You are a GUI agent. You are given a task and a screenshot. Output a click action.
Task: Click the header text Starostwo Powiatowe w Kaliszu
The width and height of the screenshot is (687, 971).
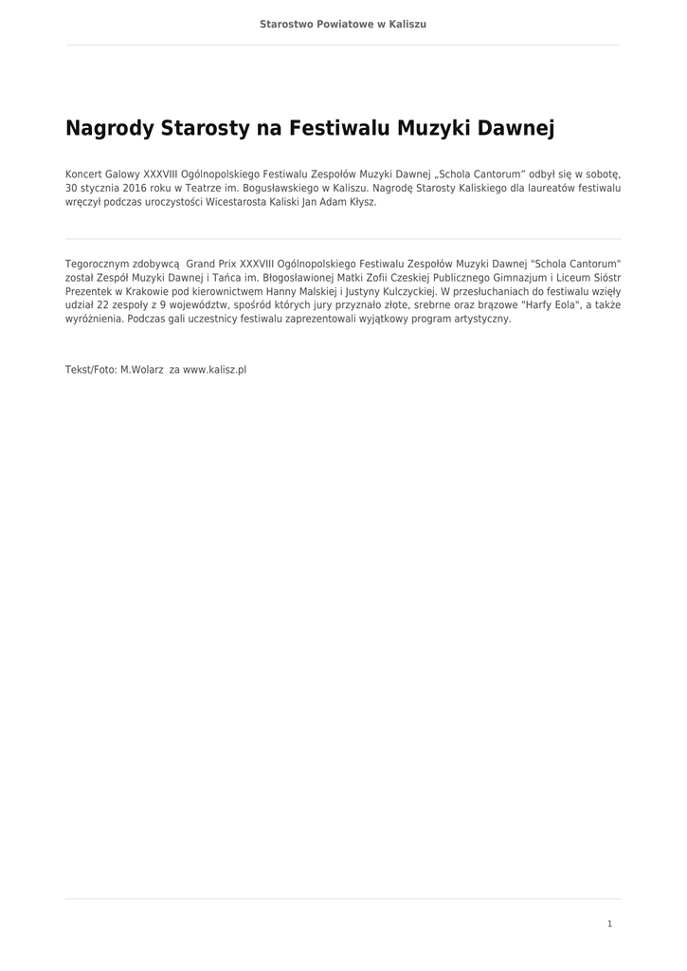pyautogui.click(x=343, y=24)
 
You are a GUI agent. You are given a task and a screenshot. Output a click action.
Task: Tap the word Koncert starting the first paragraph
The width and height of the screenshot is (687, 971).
pyautogui.click(x=82, y=174)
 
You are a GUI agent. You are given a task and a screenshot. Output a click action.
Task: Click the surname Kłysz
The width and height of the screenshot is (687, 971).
pyautogui.click(x=361, y=202)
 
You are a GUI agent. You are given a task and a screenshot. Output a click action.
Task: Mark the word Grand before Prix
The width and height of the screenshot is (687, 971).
pyautogui.click(x=201, y=263)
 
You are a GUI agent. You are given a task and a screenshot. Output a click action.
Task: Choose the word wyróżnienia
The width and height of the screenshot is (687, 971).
pyautogui.click(x=94, y=320)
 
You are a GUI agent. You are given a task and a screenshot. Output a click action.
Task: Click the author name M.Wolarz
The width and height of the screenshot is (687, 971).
pyautogui.click(x=142, y=370)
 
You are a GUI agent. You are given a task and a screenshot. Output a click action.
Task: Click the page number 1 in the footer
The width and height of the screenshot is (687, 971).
pyautogui.click(x=609, y=924)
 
